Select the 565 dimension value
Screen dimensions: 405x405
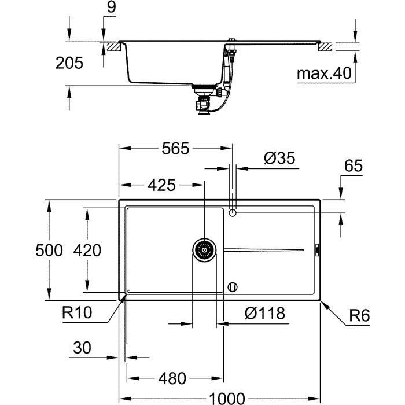[x=175, y=149]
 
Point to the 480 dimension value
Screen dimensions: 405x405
[x=172, y=378]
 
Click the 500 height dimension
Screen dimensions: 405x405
[x=47, y=251]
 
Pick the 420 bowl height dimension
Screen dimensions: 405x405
[x=87, y=251]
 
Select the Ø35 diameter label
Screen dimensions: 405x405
[x=279, y=158]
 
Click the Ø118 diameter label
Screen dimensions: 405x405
[x=264, y=314]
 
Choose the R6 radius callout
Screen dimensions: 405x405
[x=359, y=316]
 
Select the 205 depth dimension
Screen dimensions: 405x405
[x=69, y=63]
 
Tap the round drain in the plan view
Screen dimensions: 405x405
[x=204, y=250]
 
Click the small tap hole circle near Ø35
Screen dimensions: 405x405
[x=233, y=213]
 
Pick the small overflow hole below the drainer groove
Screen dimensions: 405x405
[x=233, y=286]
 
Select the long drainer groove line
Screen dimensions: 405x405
[x=263, y=250]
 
